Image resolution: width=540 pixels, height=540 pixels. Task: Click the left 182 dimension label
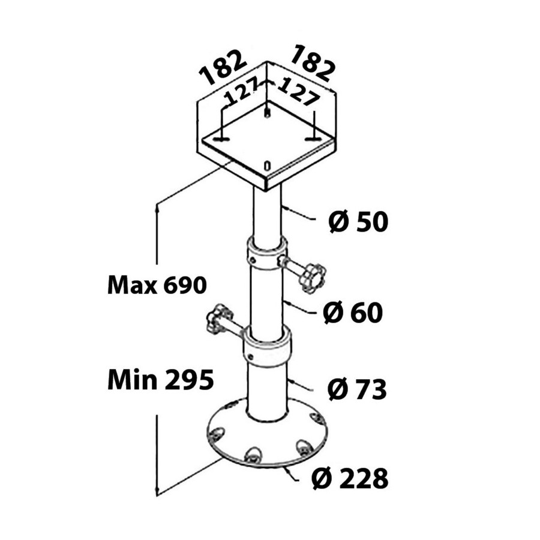223,67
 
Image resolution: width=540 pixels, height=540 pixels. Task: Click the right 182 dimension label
313,64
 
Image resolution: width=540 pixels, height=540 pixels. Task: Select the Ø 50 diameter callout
358,221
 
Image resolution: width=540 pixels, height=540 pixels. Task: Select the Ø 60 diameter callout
353,313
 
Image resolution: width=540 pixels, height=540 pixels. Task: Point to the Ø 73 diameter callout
357,389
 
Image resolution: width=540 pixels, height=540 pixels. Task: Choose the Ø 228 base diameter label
350,478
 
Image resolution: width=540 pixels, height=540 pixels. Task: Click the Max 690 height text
157,286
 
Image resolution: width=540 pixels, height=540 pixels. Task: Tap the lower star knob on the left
220,318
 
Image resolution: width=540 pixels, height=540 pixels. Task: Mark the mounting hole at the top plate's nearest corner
266,166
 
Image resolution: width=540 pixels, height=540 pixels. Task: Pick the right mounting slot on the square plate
313,139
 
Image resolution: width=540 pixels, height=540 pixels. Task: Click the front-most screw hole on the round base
252,455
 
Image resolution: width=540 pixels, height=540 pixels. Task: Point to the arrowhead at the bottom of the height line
157,490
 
